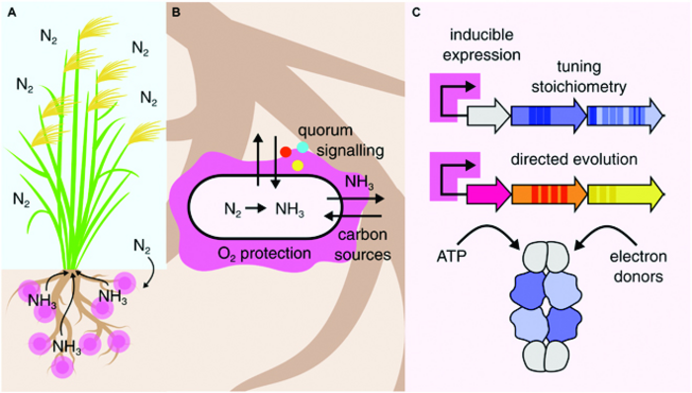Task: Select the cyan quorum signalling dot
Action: click(x=303, y=146)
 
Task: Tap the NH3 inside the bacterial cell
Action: click(x=289, y=208)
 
